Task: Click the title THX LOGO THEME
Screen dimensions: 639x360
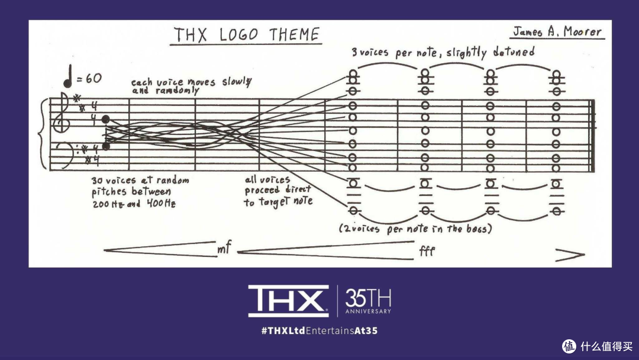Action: tap(247, 35)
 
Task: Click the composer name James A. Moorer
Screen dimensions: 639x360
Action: tap(557, 32)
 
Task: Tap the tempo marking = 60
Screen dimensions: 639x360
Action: tap(89, 78)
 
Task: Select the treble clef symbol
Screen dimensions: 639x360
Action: tap(62, 112)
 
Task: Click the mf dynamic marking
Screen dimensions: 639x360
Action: tap(224, 247)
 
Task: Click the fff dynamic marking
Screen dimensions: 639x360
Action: tap(426, 250)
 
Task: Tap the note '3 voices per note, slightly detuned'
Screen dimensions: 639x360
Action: tap(443, 53)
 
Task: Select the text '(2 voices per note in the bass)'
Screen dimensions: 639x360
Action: tap(416, 229)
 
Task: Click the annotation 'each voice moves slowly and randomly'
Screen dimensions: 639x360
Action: tap(191, 86)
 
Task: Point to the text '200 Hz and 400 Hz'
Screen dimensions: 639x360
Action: tap(134, 203)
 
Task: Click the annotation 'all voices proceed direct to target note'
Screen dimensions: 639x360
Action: tap(279, 191)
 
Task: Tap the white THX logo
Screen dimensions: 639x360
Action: tap(289, 301)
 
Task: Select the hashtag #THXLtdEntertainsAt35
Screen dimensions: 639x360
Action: tap(319, 330)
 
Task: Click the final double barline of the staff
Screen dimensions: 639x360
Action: tap(592, 136)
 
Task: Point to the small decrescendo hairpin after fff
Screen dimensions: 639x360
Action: tap(570, 255)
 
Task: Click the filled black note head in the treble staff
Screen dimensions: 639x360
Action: tap(105, 119)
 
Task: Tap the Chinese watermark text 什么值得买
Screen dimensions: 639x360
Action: tap(606, 346)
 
